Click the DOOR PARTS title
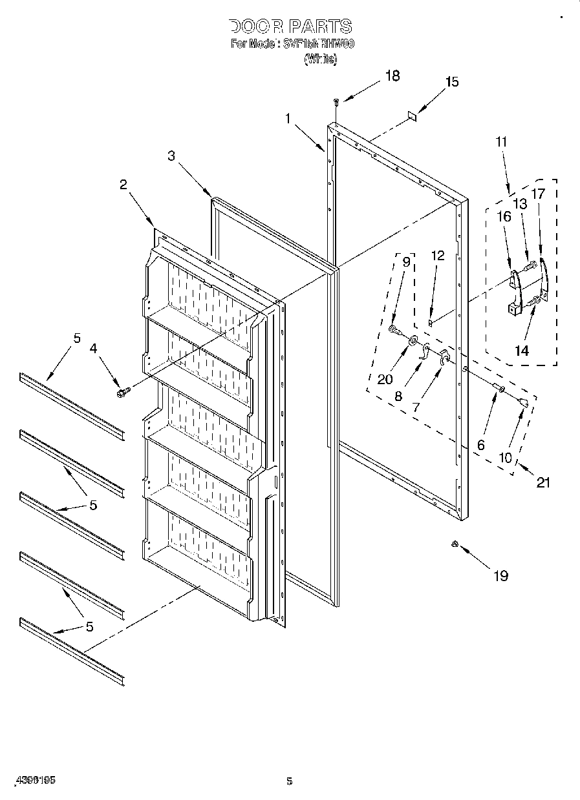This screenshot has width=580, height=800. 290,26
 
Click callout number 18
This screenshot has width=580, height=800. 392,76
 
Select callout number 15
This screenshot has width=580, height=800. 452,82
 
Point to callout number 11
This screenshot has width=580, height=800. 502,141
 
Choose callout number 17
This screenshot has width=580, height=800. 538,192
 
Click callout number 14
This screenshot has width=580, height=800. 521,351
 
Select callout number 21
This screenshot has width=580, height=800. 543,482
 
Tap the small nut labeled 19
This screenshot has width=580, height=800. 455,546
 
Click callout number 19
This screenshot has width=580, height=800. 500,576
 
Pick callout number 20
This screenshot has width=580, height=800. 385,379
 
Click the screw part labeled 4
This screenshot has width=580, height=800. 122,392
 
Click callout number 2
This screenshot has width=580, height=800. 123,184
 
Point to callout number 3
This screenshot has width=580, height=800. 171,156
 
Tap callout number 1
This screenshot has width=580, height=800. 287,118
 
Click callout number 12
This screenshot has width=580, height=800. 438,256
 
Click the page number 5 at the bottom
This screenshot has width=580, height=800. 290,781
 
